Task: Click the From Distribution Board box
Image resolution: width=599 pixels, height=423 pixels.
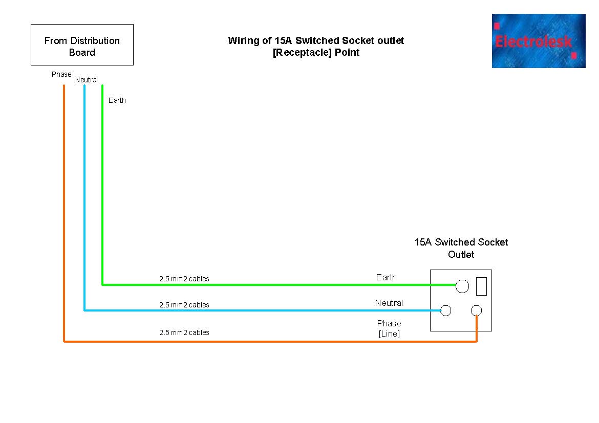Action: [82, 45]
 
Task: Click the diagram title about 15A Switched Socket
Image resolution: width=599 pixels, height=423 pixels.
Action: [316, 47]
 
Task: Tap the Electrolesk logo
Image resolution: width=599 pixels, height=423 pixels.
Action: [539, 40]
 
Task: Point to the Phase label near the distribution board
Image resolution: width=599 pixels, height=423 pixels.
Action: [61, 74]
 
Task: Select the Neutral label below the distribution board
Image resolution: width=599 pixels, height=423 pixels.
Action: [87, 80]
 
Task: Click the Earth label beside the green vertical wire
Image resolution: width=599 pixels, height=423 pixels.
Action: [117, 100]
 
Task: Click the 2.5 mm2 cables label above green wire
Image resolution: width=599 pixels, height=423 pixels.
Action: [184, 279]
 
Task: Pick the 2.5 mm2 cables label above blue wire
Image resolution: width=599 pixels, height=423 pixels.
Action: [184, 305]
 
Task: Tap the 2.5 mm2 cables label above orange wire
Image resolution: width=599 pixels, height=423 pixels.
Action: [184, 332]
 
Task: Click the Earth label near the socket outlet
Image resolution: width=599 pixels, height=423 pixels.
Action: [387, 277]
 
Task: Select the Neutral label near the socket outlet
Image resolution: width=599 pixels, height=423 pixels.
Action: [389, 303]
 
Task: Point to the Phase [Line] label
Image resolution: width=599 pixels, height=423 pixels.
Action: [389, 328]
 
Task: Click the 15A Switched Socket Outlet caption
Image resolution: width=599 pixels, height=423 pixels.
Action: [461, 248]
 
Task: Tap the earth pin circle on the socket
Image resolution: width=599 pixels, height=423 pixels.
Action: [462, 286]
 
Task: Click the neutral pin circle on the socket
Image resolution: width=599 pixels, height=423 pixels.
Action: [446, 310]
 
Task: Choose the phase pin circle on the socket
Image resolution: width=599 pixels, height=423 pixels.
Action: [477, 310]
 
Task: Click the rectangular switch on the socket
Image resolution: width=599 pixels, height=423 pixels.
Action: [481, 286]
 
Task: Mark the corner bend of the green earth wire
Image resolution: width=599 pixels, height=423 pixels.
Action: [102, 284]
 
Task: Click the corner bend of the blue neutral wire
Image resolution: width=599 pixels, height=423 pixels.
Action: [84, 310]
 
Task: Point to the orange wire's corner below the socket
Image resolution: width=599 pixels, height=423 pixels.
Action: [477, 341]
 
